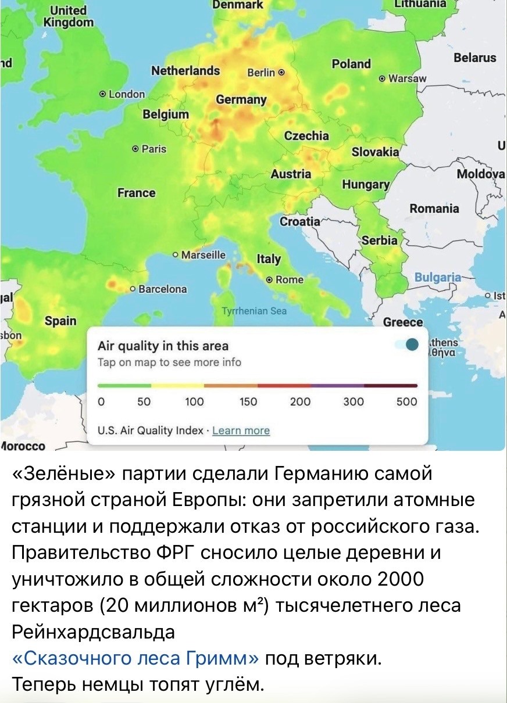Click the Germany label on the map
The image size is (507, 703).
point(241,99)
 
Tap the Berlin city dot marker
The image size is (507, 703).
point(281,73)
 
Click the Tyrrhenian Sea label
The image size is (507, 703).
point(255,311)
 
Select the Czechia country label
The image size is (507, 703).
point(306,135)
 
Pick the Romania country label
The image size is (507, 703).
point(434,209)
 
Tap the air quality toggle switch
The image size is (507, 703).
point(407,345)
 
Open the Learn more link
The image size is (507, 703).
point(241,431)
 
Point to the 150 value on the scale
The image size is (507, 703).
point(248,401)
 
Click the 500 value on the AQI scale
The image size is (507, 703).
point(407,401)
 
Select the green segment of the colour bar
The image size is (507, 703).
point(124,385)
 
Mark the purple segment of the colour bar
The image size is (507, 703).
point(337,385)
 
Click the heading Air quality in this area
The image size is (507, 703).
point(163,346)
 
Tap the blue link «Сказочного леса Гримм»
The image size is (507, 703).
point(135,659)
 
